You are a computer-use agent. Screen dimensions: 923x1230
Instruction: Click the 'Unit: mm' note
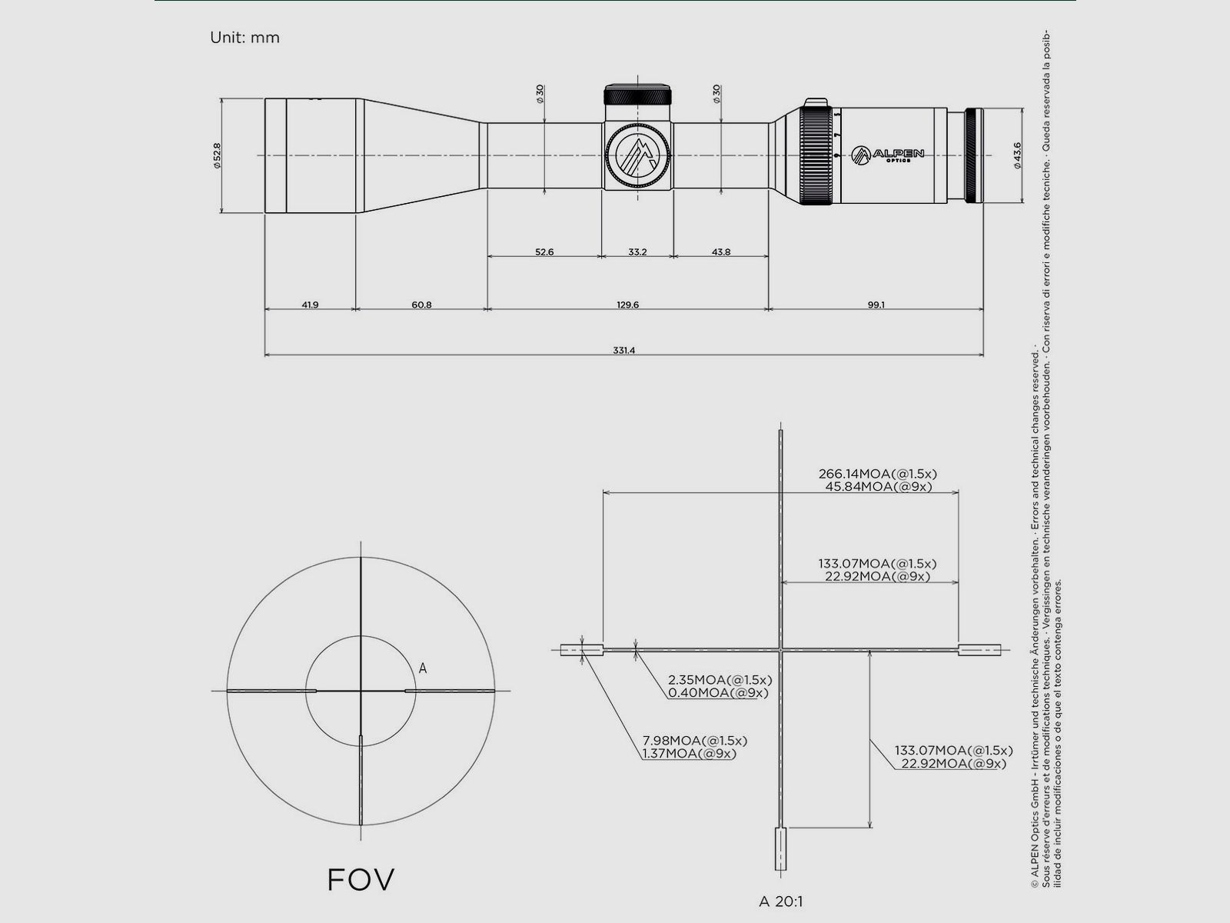click(x=244, y=38)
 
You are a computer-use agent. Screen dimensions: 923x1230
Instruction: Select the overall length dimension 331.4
click(x=623, y=351)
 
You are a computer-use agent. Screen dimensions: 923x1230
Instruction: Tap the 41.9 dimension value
click(x=310, y=305)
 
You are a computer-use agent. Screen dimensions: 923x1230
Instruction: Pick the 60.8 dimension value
click(x=421, y=305)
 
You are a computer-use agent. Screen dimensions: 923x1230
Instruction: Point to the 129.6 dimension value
click(x=627, y=305)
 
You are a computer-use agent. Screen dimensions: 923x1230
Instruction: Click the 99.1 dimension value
click(x=876, y=305)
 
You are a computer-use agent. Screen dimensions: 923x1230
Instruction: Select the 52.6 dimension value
click(x=544, y=252)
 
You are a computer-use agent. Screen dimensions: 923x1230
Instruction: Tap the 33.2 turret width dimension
click(x=637, y=252)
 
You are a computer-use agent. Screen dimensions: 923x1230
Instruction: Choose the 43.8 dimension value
click(x=721, y=252)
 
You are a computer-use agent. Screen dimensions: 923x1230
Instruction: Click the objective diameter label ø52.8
click(x=218, y=155)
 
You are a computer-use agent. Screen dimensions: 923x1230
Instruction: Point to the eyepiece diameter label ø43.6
click(x=1018, y=155)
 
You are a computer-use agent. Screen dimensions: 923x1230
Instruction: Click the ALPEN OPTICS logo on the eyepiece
click(x=888, y=155)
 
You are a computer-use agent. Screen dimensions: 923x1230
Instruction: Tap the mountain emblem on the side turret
click(x=637, y=155)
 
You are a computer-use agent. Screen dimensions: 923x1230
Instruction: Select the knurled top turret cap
click(x=637, y=96)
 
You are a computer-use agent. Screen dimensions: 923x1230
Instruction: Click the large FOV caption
click(x=361, y=879)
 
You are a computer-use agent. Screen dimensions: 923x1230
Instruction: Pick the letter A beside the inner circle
click(x=423, y=669)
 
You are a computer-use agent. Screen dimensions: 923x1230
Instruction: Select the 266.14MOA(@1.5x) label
click(x=877, y=474)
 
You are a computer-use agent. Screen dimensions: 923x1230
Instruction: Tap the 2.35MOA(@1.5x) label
click(x=720, y=680)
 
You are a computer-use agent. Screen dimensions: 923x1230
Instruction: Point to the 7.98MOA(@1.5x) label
click(x=694, y=741)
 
